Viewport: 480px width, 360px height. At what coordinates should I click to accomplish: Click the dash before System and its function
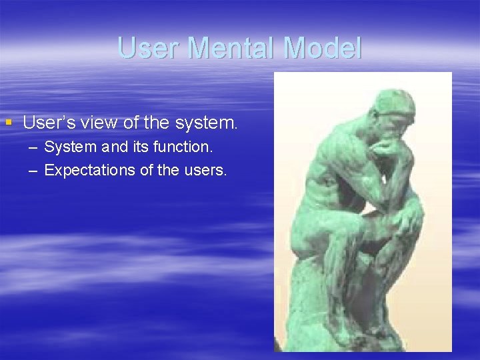click(x=33, y=147)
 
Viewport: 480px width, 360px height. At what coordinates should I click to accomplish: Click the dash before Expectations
click(x=33, y=170)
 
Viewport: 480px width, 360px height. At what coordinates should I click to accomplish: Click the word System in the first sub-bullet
click(x=67, y=147)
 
